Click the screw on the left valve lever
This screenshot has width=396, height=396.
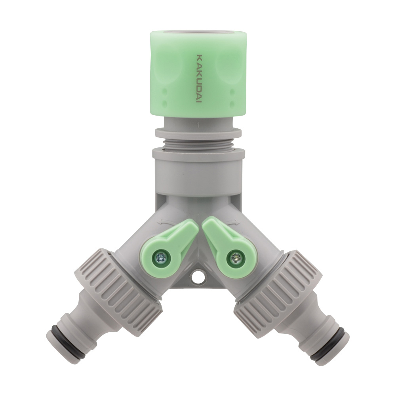coord(160,258)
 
